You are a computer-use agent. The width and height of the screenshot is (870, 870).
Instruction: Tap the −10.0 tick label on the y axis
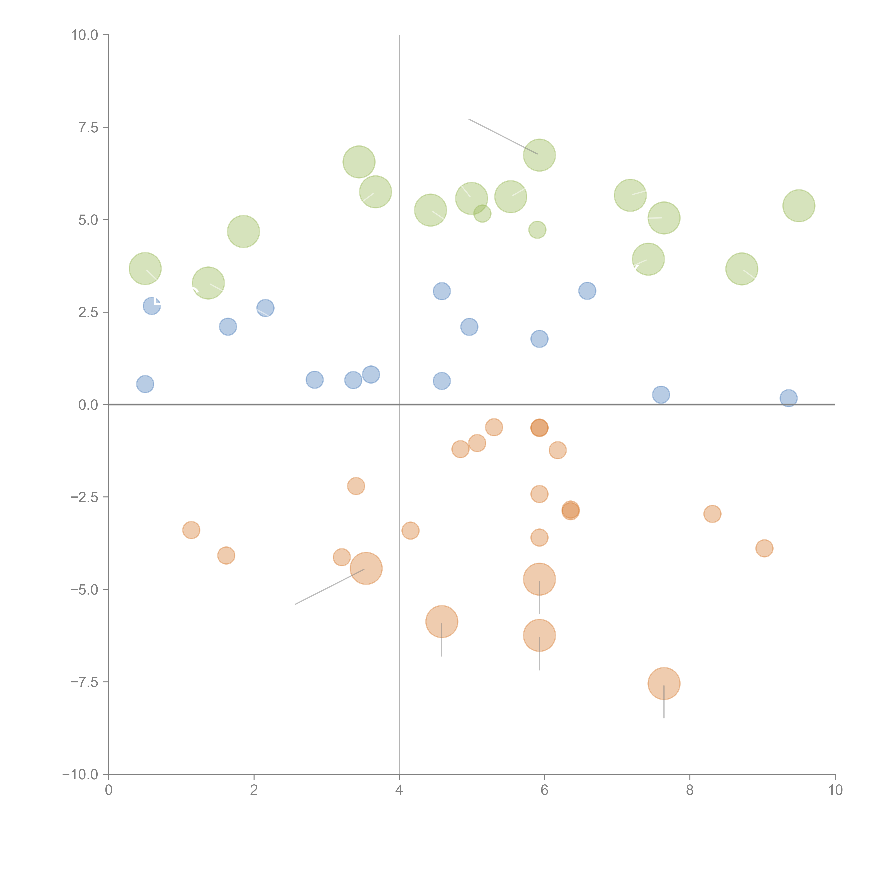80,774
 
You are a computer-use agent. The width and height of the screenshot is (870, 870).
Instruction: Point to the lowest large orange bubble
664,684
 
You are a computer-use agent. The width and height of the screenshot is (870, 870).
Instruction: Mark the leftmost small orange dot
191,530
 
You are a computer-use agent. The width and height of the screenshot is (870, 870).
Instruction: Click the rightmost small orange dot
764,548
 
